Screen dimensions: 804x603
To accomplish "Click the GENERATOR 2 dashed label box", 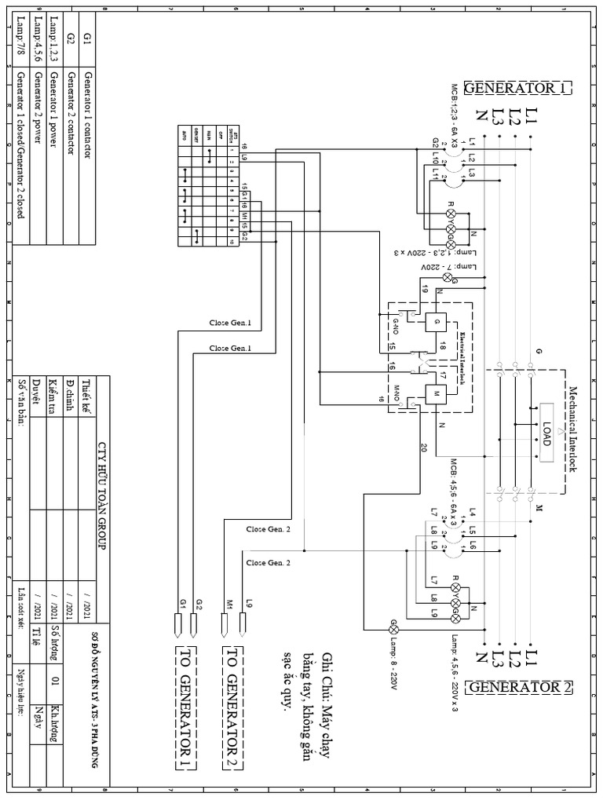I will [x=520, y=688].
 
